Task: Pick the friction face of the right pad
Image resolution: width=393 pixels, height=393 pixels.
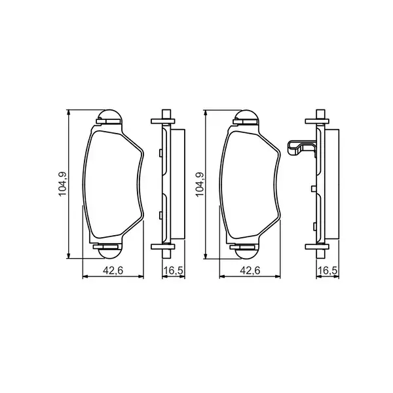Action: [250, 183]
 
